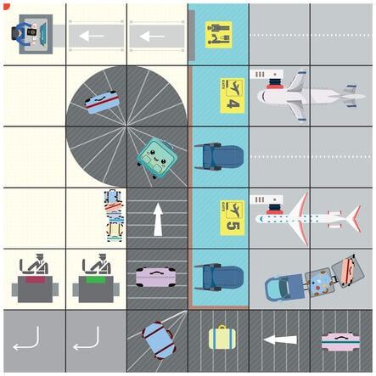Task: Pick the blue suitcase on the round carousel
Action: point(101,102)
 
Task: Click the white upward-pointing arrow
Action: point(158,218)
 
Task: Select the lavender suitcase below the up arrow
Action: point(156,276)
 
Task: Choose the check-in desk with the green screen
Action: point(96,278)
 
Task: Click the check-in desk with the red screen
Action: point(35,278)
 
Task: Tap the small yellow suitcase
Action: point(219,338)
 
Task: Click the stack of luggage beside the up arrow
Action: point(113,216)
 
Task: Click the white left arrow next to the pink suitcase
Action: point(279,340)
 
